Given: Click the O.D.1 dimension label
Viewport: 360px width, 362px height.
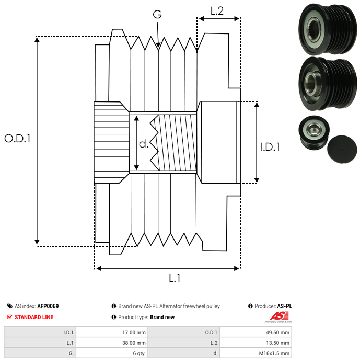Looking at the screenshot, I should tap(17, 139).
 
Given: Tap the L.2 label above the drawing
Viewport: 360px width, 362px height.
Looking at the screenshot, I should tap(217, 11).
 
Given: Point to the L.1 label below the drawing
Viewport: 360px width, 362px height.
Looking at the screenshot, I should tap(175, 279).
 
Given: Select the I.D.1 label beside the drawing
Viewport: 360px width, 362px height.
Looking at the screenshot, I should tap(270, 148).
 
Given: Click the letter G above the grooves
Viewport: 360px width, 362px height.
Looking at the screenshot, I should tap(157, 15).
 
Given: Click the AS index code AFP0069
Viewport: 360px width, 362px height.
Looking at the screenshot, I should tap(48, 306).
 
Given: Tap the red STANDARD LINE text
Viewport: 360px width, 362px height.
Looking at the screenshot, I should tap(34, 317).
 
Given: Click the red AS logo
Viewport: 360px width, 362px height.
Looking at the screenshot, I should tap(279, 315).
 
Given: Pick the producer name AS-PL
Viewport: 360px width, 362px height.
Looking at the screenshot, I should tap(285, 306).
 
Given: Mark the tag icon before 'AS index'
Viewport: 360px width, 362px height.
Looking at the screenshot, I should tap(10, 306).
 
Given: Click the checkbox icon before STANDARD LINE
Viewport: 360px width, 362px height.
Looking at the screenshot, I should tap(10, 317).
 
